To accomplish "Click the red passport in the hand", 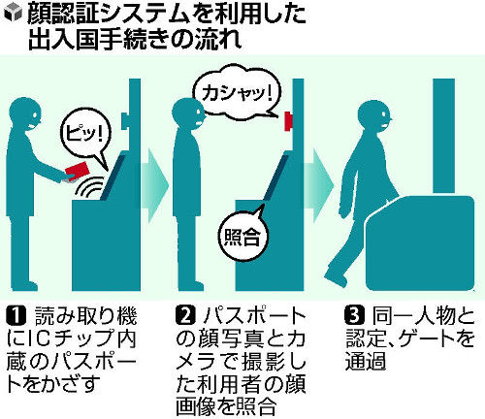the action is (78, 171).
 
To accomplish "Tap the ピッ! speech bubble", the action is (84, 135).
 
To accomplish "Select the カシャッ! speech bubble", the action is (237, 90).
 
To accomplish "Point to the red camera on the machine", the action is (288, 121).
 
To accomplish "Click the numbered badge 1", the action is (16, 315).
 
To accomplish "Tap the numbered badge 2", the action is (186, 315).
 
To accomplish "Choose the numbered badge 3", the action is (355, 315).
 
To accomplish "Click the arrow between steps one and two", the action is (155, 185).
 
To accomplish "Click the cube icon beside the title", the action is (13, 14).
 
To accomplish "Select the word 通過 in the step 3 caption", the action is (366, 360).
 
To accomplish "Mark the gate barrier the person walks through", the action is (420, 243).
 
